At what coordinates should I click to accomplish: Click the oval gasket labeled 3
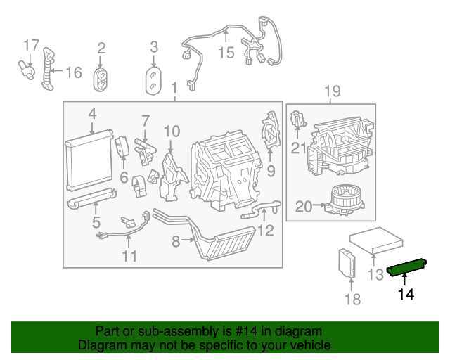(x=154, y=79)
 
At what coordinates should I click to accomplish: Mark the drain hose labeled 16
(x=47, y=68)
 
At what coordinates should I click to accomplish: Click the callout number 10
(x=172, y=131)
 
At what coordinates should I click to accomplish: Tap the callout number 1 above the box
(x=174, y=88)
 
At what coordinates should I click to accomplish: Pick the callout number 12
(x=265, y=230)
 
